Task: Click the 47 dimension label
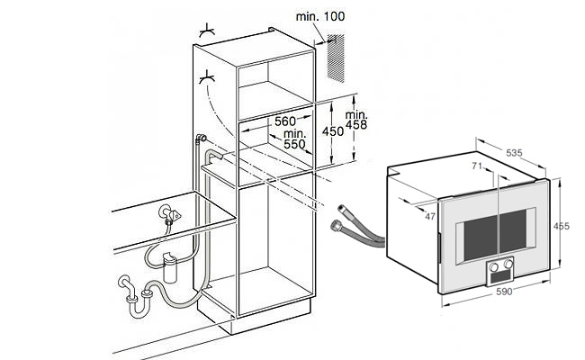tap(429, 216)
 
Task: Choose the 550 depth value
tap(293, 144)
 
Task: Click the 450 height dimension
tap(333, 130)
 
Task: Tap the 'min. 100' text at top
tap(320, 16)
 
